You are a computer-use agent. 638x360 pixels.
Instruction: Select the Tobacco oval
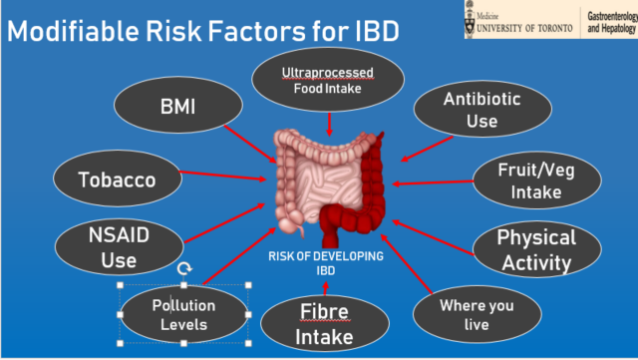tap(117, 180)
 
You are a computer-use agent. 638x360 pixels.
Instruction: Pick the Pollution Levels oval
tap(183, 314)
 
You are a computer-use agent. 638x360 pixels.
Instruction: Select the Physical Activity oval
tap(536, 250)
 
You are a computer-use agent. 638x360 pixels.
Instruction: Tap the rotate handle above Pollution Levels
tap(183, 269)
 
